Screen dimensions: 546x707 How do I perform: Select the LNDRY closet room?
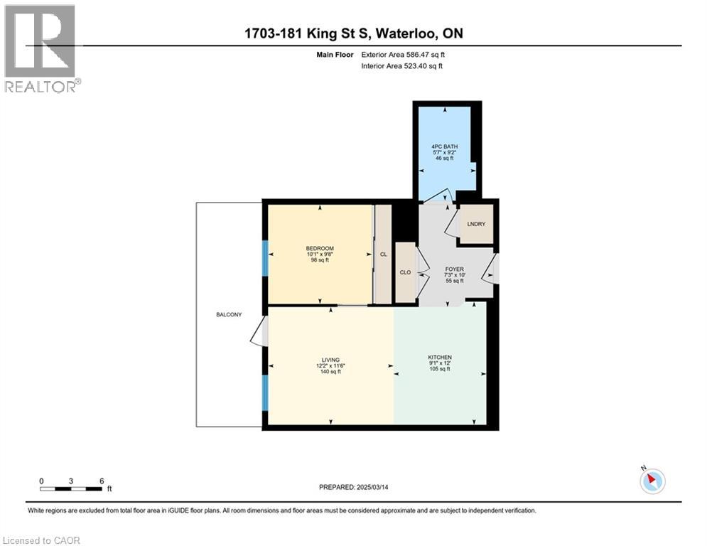point(476,225)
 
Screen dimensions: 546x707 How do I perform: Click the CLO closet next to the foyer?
point(405,272)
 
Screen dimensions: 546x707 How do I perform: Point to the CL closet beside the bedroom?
point(383,254)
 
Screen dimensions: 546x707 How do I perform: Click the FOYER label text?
point(454,269)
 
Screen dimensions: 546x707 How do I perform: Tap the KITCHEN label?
point(439,357)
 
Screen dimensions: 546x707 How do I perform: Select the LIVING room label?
point(330,360)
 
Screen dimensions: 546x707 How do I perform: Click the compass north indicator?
point(652,481)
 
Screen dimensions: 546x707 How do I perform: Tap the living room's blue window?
point(265,392)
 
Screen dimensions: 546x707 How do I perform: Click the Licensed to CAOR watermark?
point(42,540)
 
